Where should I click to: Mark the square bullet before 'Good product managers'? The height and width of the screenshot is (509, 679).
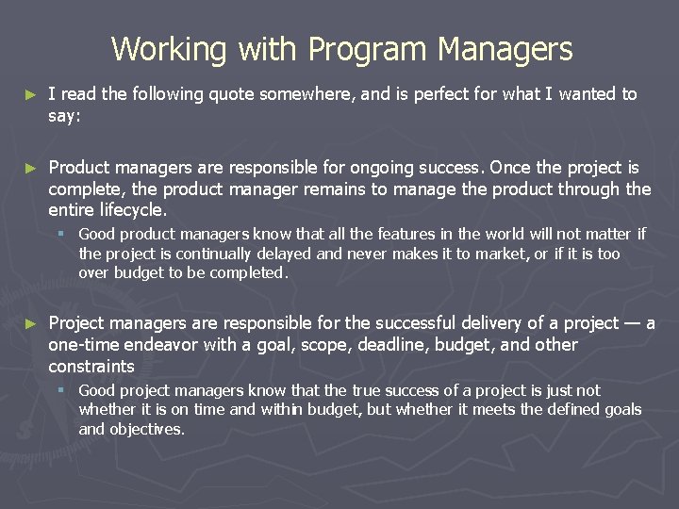click(x=60, y=234)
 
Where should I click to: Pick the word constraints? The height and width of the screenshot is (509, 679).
click(x=91, y=366)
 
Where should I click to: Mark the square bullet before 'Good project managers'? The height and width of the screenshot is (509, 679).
click(x=60, y=390)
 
